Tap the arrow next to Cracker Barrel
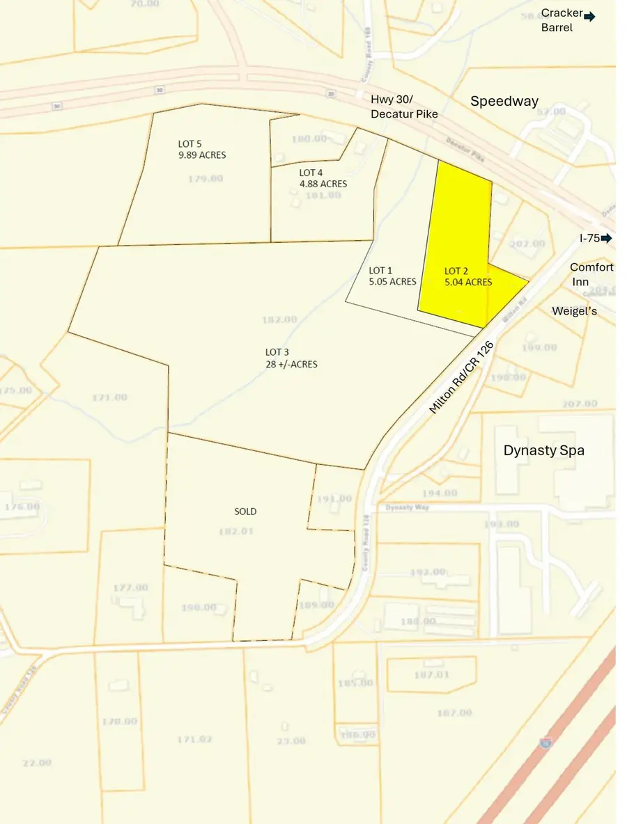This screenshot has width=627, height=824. pos(589,17)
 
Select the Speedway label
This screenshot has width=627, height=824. pos(504,101)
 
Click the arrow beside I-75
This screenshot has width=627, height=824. pos(607,238)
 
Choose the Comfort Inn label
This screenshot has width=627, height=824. pos(591,274)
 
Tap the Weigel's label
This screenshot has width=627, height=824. pos(575,311)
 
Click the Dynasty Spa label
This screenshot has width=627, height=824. pos(544,450)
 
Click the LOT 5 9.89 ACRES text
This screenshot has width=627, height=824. pos(202,150)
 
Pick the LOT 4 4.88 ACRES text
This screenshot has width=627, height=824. pos(323,178)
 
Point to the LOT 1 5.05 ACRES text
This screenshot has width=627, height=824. pos(392,276)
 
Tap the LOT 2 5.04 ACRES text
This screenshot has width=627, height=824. pos(468,276)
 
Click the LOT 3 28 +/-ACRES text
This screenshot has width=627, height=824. pos(291,358)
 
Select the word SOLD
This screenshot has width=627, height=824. pos(245,512)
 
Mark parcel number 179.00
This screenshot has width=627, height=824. pos(206,179)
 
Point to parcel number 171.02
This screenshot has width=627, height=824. pos(194,739)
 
